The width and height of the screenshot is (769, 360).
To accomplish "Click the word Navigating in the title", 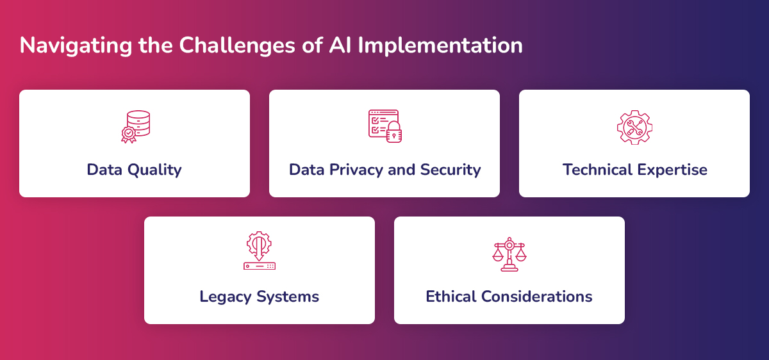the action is pyautogui.click(x=76, y=45).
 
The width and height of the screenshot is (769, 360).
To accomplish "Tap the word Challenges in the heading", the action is pyautogui.click(x=237, y=45).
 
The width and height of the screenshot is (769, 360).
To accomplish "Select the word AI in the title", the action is pyautogui.click(x=340, y=45).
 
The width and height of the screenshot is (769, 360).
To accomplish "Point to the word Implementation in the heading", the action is pyautogui.click(x=440, y=45).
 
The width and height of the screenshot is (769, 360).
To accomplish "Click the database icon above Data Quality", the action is pyautogui.click(x=136, y=126).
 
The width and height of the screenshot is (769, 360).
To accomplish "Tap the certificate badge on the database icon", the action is pyautogui.click(x=128, y=135).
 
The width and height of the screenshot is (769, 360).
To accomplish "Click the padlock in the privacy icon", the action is pyautogui.click(x=394, y=132).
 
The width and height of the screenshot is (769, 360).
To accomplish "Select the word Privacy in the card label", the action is pyautogui.click(x=356, y=170).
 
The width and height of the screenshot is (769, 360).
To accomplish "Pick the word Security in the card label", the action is pyautogui.click(x=451, y=170).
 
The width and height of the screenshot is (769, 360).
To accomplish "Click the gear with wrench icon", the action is pyautogui.click(x=634, y=127).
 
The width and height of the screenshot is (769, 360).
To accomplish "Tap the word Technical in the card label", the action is pyautogui.click(x=597, y=170).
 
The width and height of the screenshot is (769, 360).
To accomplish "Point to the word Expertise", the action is pyautogui.click(x=672, y=170).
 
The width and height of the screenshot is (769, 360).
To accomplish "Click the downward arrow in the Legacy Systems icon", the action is pyautogui.click(x=259, y=248).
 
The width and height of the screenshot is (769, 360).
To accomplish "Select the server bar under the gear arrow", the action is pyautogui.click(x=260, y=266).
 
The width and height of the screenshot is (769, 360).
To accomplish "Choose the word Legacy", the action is pyautogui.click(x=225, y=297).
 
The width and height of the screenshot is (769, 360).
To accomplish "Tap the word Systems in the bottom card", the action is pyautogui.click(x=288, y=297).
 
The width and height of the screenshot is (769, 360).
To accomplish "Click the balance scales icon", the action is pyautogui.click(x=509, y=254).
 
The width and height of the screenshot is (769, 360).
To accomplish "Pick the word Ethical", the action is pyautogui.click(x=451, y=297).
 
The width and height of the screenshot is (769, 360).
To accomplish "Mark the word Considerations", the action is pyautogui.click(x=536, y=297).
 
